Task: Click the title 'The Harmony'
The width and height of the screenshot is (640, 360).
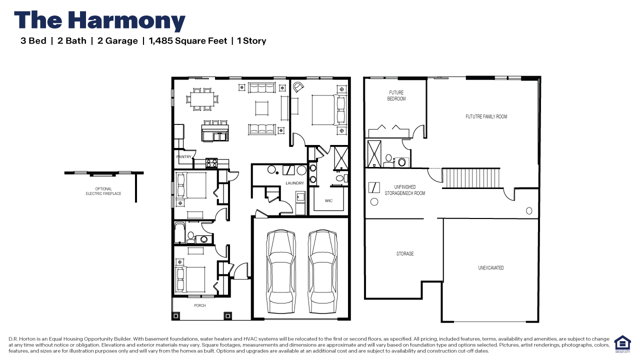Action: point(100,21)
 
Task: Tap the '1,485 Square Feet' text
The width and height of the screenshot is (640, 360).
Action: point(188,41)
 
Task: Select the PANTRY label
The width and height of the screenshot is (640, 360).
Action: point(184,157)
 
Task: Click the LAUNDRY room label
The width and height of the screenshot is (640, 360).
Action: point(295,183)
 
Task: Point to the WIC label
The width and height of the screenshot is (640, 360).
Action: point(328,201)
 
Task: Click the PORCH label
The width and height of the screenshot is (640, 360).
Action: point(199,305)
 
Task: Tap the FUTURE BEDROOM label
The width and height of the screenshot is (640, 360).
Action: point(396,95)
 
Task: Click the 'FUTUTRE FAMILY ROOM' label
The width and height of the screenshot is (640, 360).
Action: point(486,116)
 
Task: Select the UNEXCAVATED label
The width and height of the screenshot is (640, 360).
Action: point(491,268)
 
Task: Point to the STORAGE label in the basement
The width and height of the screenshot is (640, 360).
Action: point(405,254)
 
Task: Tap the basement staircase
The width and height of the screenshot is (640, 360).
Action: point(471,178)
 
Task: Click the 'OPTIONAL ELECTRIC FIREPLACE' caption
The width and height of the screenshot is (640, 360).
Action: point(103,191)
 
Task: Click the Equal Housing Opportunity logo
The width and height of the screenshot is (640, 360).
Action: point(622,344)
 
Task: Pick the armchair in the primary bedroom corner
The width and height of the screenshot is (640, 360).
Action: point(298,87)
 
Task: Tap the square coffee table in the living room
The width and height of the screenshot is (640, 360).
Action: point(262,107)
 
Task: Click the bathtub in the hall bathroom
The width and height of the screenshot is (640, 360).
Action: point(180,233)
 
